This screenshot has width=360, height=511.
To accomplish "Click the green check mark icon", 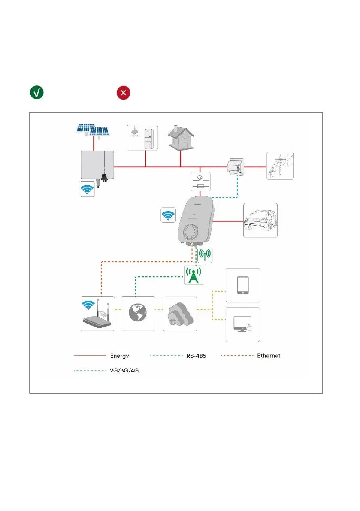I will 36,93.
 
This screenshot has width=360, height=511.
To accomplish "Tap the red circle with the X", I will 124,93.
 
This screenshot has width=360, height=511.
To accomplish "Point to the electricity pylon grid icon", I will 280,166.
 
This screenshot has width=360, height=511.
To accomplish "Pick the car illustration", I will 260,220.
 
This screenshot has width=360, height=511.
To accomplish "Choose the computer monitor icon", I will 243,324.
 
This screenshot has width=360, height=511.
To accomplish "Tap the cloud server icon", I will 180,314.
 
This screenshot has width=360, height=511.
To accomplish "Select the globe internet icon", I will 138,314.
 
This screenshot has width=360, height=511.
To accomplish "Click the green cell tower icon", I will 194,275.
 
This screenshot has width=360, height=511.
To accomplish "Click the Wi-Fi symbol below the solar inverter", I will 88,190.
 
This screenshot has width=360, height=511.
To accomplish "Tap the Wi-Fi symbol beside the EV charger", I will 168,215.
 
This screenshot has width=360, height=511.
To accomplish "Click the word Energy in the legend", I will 119,356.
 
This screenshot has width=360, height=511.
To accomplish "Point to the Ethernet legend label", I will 269,356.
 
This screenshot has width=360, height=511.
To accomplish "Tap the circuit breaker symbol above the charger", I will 200,182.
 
